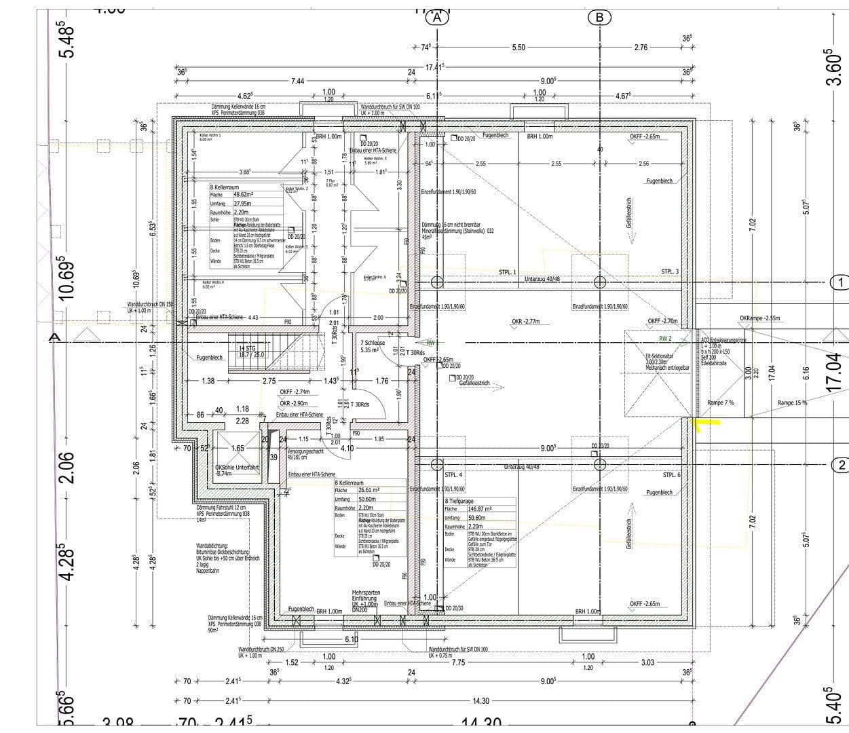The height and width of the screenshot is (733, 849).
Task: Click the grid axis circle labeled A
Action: [x=438, y=18]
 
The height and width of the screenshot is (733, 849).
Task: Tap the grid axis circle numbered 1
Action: [x=840, y=282]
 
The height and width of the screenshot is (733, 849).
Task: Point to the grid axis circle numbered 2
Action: [x=840, y=465]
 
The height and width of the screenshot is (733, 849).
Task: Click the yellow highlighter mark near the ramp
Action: [x=704, y=424]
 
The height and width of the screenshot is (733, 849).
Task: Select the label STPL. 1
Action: [x=507, y=272]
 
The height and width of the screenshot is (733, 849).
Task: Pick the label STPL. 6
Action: [x=671, y=475]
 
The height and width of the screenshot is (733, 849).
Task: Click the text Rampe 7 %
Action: [x=720, y=402]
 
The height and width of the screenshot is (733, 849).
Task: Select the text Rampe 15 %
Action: [x=792, y=402]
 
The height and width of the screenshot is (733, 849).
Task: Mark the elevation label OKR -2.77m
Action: [x=526, y=322]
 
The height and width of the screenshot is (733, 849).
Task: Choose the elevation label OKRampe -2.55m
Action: [x=759, y=318]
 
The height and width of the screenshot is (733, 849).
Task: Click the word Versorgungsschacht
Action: [x=305, y=451]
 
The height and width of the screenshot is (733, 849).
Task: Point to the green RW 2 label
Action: [x=664, y=338]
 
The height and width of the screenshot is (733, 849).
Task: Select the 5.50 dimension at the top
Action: [x=518, y=48]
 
